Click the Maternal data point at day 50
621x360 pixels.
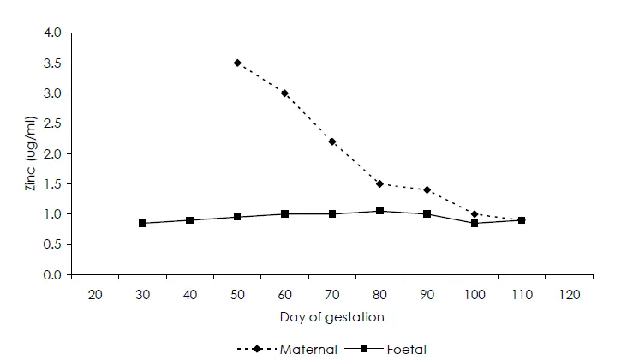(x=237, y=63)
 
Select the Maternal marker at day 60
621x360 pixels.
(x=284, y=93)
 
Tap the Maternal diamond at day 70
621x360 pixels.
(x=332, y=141)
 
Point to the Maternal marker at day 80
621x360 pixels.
(x=379, y=183)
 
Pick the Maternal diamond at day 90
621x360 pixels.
(x=427, y=189)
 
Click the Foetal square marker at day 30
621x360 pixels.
(x=142, y=223)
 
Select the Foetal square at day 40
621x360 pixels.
(x=190, y=220)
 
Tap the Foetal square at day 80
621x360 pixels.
(x=379, y=211)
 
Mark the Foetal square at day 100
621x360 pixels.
(x=474, y=223)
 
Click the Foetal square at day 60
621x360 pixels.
(x=284, y=213)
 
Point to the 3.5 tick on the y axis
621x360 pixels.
(x=52, y=63)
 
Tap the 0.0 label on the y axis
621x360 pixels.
(x=52, y=275)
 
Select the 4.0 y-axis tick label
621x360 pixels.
(x=52, y=33)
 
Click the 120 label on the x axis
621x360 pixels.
(x=569, y=294)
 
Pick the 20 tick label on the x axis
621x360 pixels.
(x=95, y=294)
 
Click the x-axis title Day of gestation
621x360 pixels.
(x=331, y=317)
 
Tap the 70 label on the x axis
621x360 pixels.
(x=332, y=294)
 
